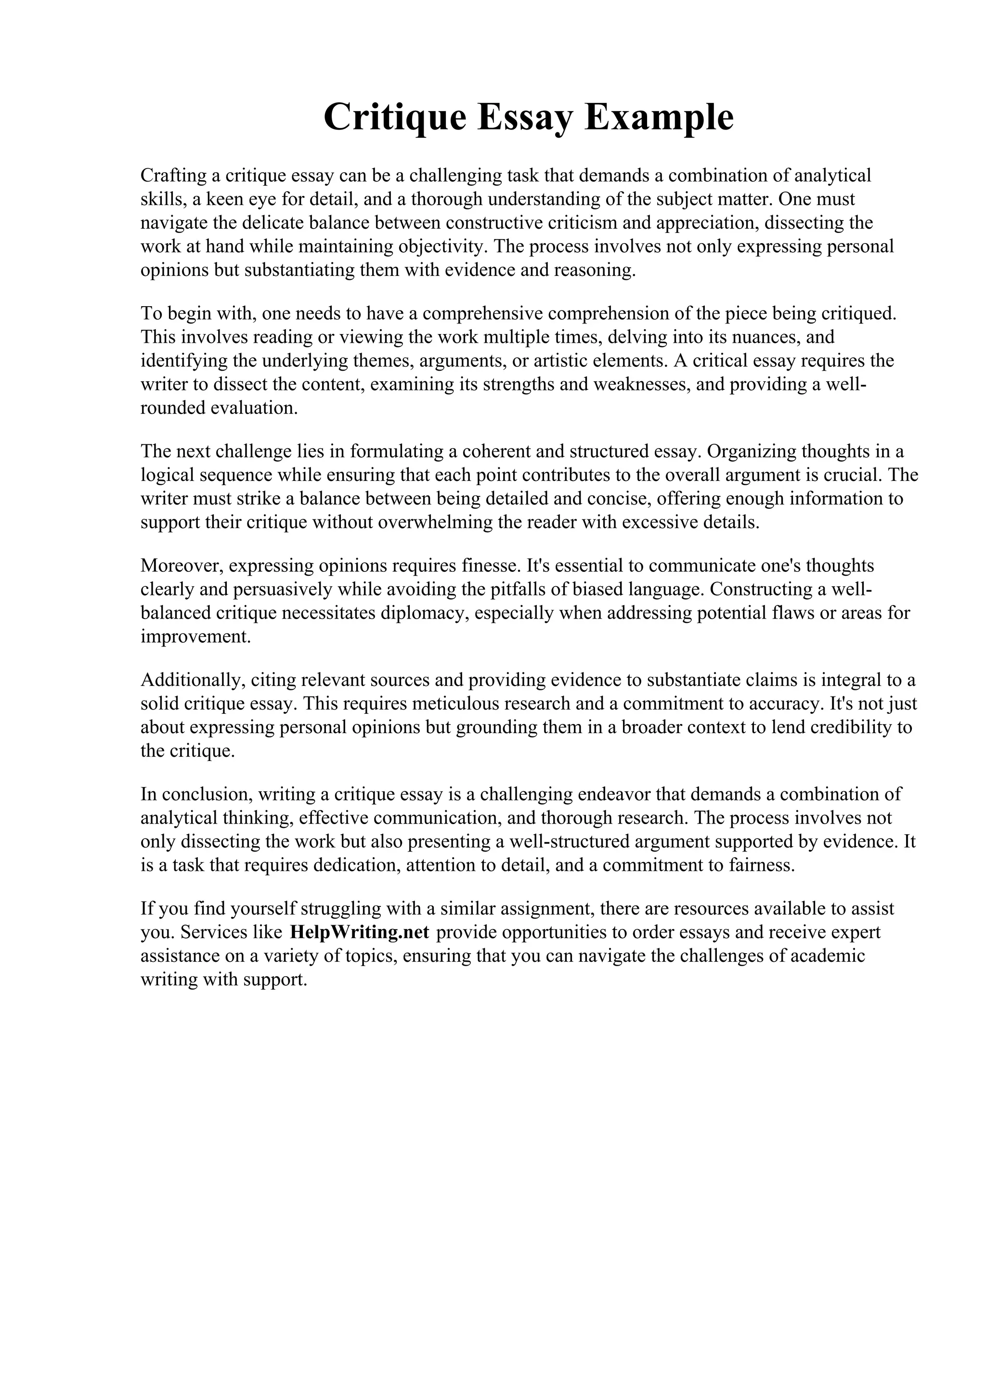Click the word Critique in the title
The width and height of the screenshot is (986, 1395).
tap(394, 117)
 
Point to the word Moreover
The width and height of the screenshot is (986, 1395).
tap(182, 566)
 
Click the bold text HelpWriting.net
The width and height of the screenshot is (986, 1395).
tap(360, 932)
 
